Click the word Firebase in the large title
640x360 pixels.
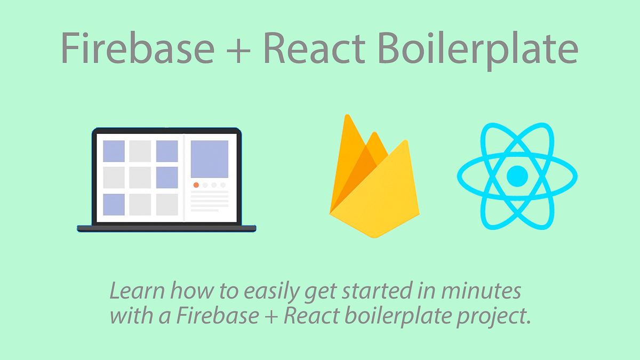pos(138,47)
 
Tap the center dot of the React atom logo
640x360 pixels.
pos(517,176)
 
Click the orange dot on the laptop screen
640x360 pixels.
pos(196,185)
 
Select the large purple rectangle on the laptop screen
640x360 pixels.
pos(210,159)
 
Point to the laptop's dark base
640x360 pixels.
pos(166,228)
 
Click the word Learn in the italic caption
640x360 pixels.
pos(133,292)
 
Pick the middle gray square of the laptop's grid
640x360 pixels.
pos(140,178)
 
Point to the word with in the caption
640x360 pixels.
pos(126,316)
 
